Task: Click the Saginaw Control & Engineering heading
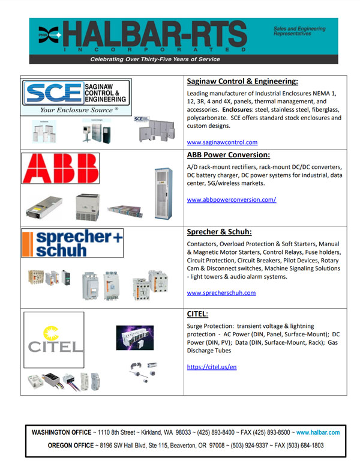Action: pyautogui.click(x=242, y=81)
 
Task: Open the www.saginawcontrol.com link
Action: pyautogui.click(x=222, y=142)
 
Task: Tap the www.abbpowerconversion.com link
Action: pyautogui.click(x=231, y=199)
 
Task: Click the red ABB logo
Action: pyautogui.click(x=60, y=168)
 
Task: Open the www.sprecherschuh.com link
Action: pyautogui.click(x=221, y=293)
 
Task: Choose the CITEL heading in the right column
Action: pyautogui.click(x=197, y=313)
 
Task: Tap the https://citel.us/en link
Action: pyautogui.click(x=212, y=366)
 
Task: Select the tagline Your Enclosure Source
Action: pyautogui.click(x=79, y=110)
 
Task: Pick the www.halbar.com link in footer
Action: pyautogui.click(x=318, y=432)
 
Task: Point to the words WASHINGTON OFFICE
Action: pyautogui.click(x=67, y=432)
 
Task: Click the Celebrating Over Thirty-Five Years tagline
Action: pyautogui.click(x=155, y=59)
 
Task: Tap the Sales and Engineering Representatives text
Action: pyautogui.click(x=299, y=31)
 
